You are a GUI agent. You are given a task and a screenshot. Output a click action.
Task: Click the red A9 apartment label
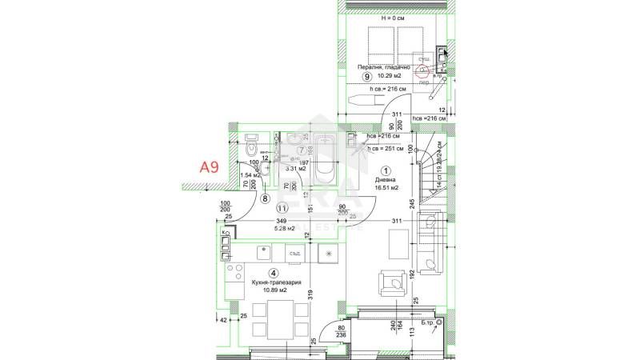209,167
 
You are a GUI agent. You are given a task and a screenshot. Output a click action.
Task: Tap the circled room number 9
367,78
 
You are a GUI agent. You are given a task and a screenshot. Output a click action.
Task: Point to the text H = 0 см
394,18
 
